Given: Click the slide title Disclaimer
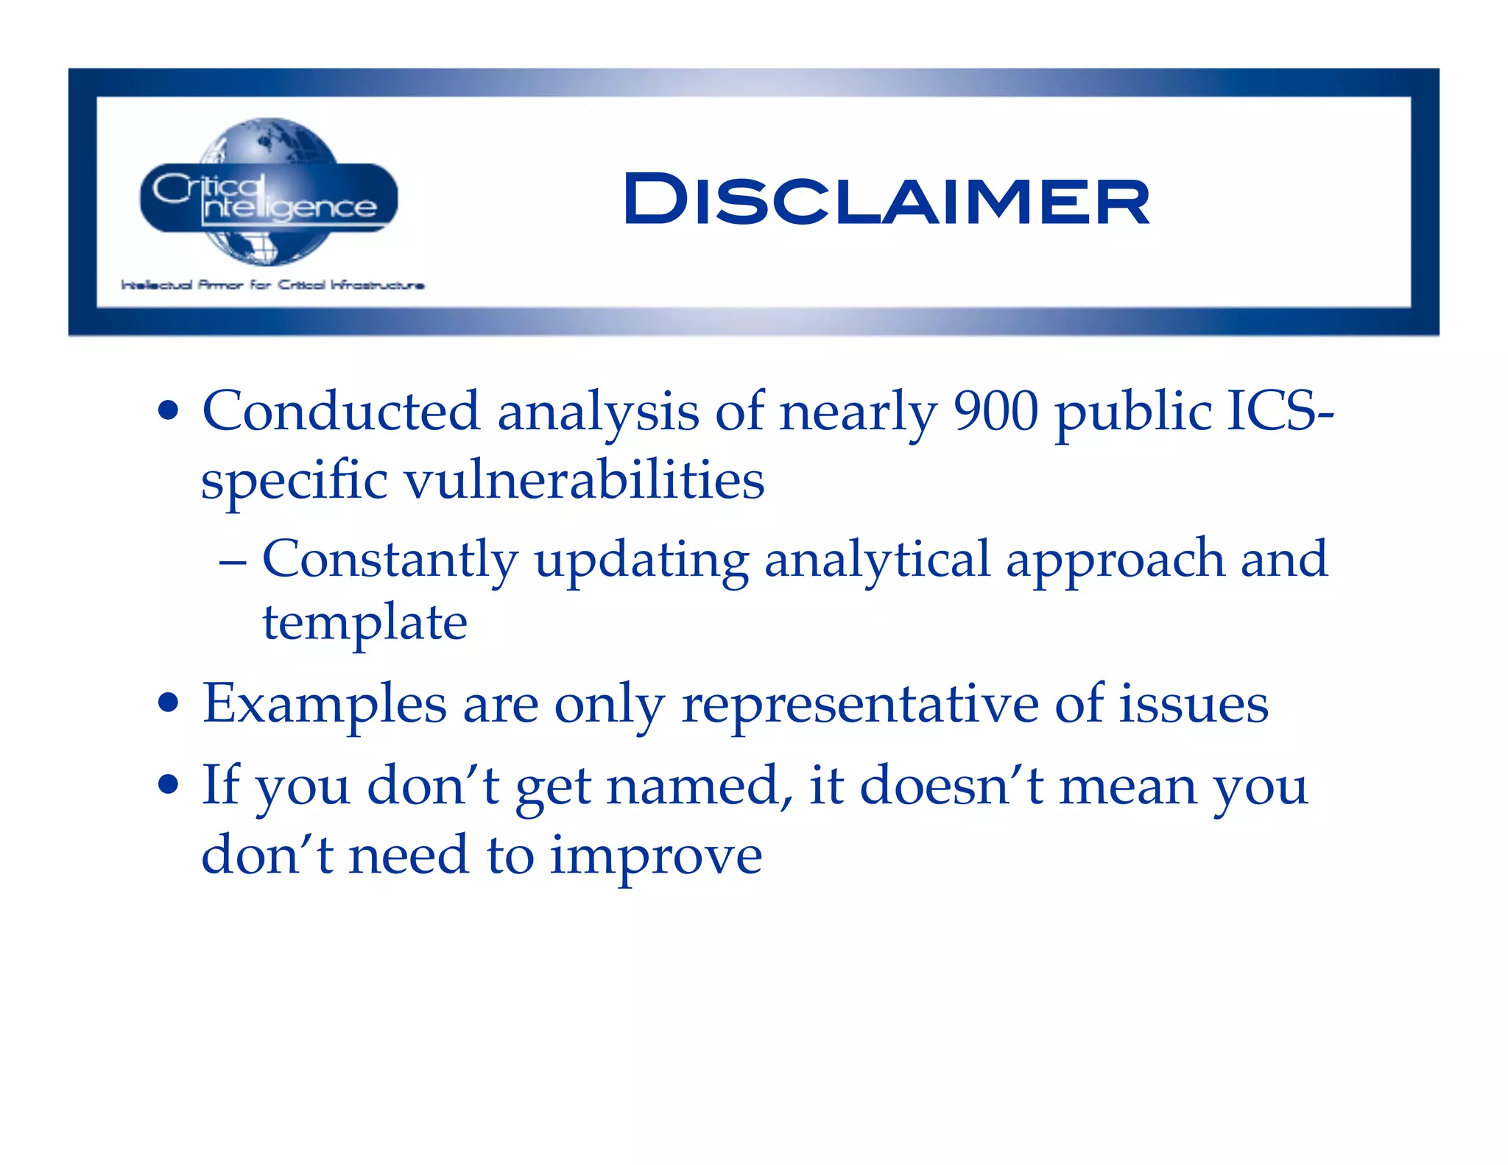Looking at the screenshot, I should point(886,200).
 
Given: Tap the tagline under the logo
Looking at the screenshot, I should point(272,285).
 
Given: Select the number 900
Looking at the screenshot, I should point(996,411).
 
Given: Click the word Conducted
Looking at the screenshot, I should point(341,411).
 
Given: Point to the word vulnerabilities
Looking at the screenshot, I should point(585,479).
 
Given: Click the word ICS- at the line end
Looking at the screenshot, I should point(1280,411).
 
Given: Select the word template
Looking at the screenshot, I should point(364,623).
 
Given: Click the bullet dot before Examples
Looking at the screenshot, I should point(169,704).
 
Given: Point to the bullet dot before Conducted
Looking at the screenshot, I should point(169,411).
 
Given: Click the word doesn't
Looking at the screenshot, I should point(951,786).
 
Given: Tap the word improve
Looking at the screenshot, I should point(655,856).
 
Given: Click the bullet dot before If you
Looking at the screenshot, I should point(169,785).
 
